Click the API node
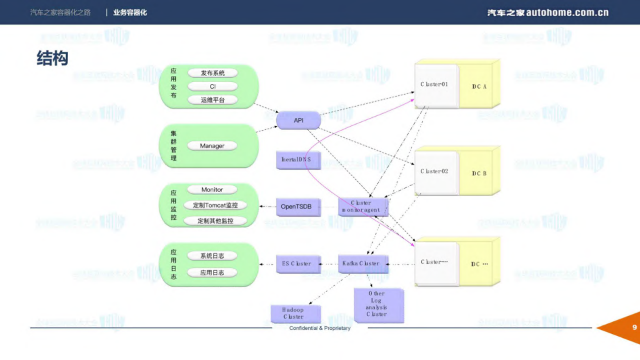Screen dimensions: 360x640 (298, 120)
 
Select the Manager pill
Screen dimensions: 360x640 (212, 146)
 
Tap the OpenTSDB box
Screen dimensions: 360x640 (297, 206)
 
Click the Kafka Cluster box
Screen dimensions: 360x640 (362, 264)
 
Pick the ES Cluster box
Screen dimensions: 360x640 (297, 264)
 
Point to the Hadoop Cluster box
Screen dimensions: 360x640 (294, 313)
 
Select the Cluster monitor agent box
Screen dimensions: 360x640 (362, 206)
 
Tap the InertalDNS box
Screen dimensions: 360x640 (297, 160)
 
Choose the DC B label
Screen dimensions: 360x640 (479, 173)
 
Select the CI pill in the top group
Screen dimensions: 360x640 (213, 86)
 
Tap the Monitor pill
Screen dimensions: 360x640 (212, 189)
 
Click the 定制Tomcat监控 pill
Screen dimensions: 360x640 (215, 205)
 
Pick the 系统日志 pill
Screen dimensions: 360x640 (212, 256)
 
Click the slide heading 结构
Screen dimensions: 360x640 (52, 58)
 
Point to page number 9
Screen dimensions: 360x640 (634, 327)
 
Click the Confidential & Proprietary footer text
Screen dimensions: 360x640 (319, 328)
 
